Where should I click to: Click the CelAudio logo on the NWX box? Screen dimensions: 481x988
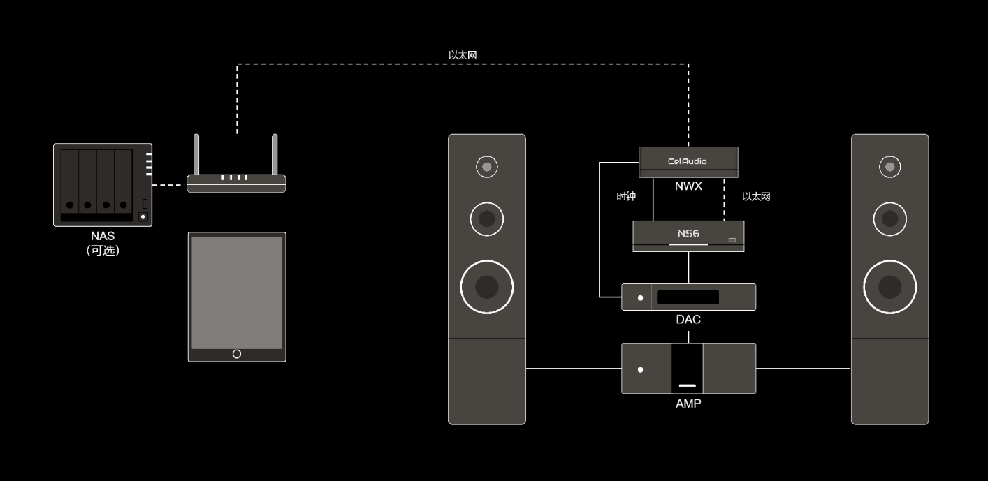688,161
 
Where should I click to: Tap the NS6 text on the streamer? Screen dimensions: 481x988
688,234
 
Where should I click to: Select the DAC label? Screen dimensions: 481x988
688,320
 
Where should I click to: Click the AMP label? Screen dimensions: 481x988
688,404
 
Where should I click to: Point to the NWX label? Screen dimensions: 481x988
688,186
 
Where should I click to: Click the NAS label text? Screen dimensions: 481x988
102,237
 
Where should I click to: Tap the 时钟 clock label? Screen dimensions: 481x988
626,197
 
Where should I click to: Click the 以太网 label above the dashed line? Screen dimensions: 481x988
463,54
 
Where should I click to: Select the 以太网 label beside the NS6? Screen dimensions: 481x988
756,197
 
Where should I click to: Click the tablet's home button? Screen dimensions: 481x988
237,354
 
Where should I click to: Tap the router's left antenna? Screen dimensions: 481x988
197,154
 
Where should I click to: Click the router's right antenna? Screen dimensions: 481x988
275,154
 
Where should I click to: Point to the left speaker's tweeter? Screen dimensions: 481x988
486,167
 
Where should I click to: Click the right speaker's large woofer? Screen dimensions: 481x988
889,287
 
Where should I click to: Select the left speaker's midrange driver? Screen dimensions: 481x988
486,219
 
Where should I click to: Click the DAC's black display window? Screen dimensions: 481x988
688,297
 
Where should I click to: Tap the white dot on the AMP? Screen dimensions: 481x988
640,369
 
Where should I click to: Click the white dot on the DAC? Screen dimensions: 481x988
640,297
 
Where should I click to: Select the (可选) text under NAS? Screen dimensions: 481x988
102,251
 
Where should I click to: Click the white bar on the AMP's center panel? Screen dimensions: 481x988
688,385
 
